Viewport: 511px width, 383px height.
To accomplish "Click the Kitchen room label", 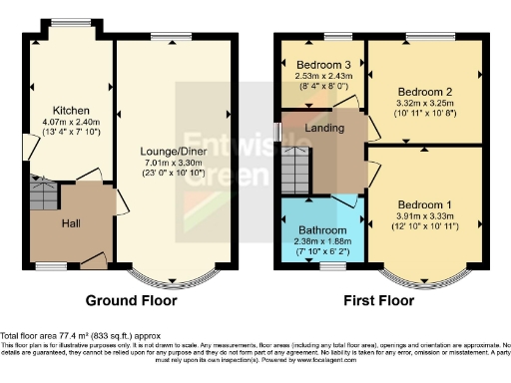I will coord(73,110).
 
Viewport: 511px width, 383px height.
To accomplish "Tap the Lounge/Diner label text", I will coord(173,152).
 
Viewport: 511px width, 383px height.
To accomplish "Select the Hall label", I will coord(72,223).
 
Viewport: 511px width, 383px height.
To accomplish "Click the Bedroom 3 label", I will coord(320,64).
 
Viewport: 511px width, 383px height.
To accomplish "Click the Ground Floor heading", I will coord(132,300).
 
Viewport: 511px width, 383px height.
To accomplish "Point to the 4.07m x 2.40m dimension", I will coord(73,121).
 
